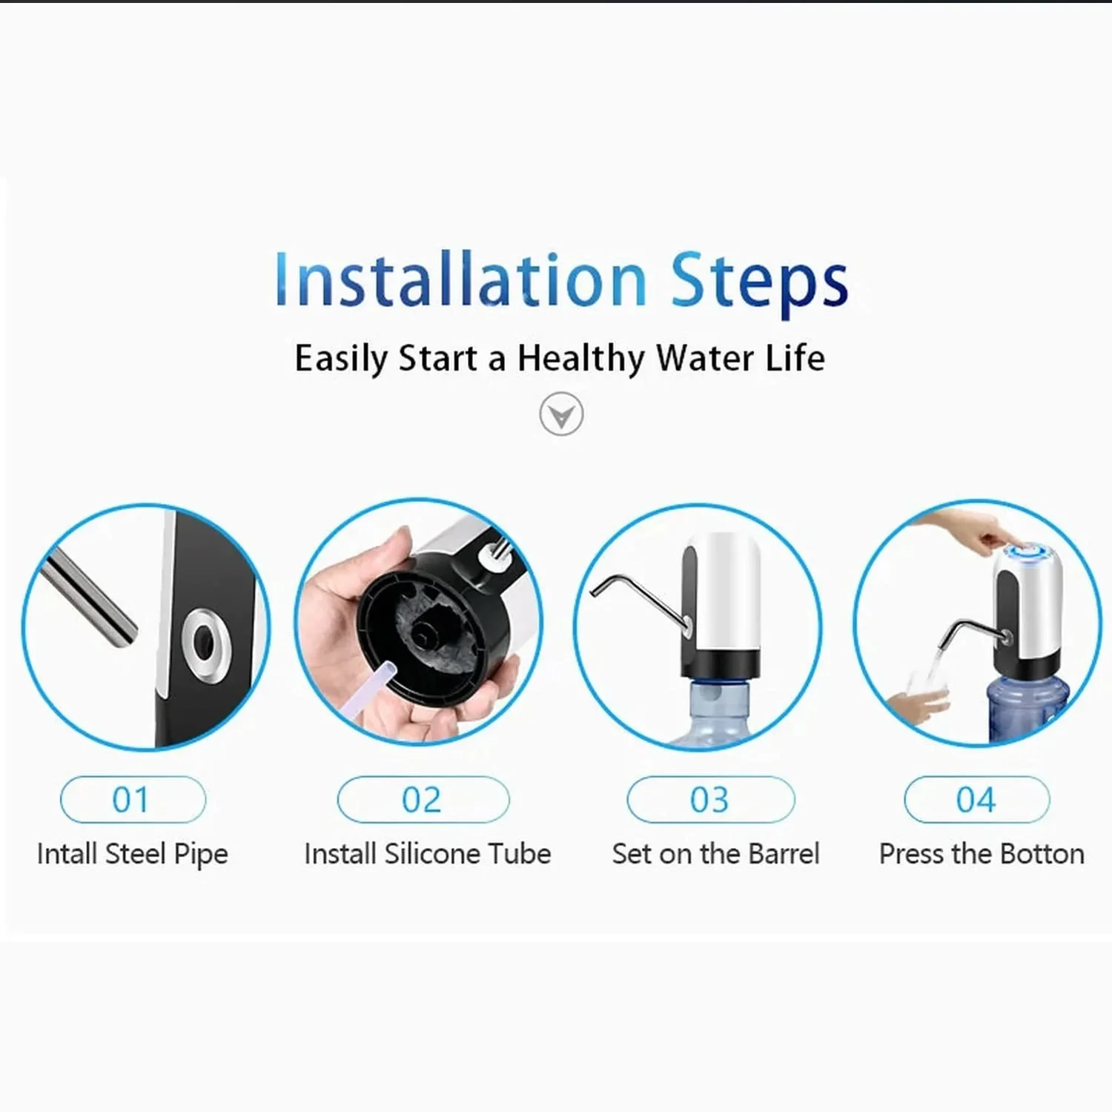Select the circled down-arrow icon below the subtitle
[x=561, y=414]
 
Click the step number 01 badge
[x=133, y=800]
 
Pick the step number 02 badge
[x=423, y=800]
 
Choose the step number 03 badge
[x=711, y=800]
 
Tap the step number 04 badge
[x=977, y=800]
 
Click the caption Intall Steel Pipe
[x=133, y=854]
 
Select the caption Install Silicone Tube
[x=428, y=854]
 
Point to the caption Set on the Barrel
[x=716, y=854]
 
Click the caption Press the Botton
[x=982, y=854]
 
